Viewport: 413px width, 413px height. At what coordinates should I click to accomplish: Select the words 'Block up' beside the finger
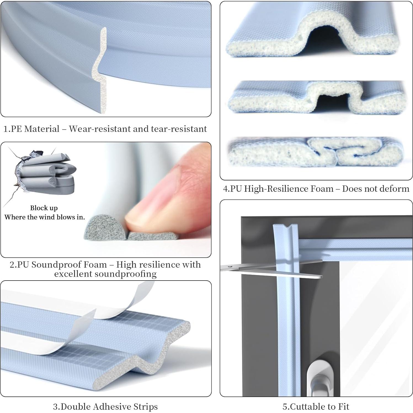tap(44, 208)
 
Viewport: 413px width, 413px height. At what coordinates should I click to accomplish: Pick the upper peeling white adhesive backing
tap(126, 303)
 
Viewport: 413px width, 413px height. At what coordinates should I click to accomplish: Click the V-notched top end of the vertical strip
tap(285, 229)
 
